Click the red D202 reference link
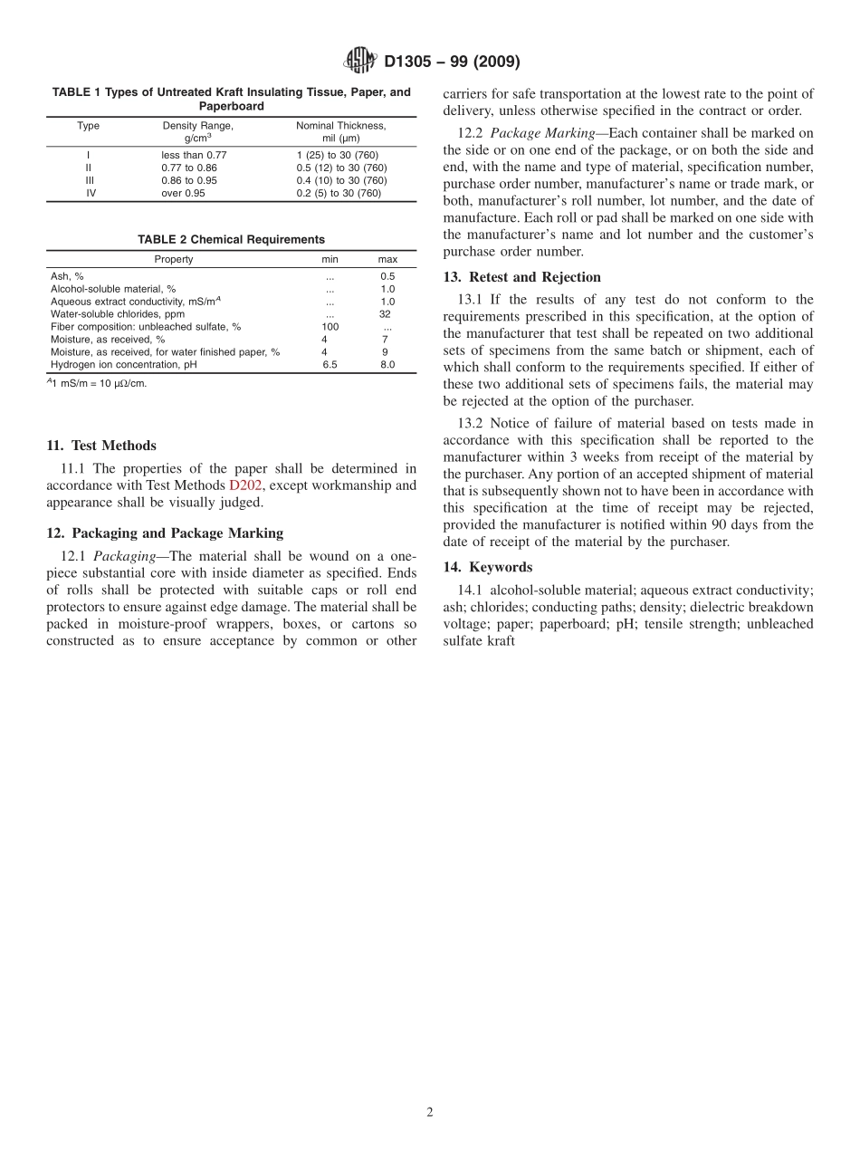pos(245,485)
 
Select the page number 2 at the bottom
pos(430,1113)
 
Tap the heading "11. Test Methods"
pos(101,446)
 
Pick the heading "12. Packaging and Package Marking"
pos(165,533)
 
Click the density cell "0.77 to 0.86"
pos(189,168)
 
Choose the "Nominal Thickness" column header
pos(341,126)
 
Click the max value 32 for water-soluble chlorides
pos(386,314)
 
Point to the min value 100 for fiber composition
pos(330,327)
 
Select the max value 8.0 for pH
pos(387,365)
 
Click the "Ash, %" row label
pos(67,276)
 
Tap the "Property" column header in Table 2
pos(174,259)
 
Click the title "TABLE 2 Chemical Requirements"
pos(231,240)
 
